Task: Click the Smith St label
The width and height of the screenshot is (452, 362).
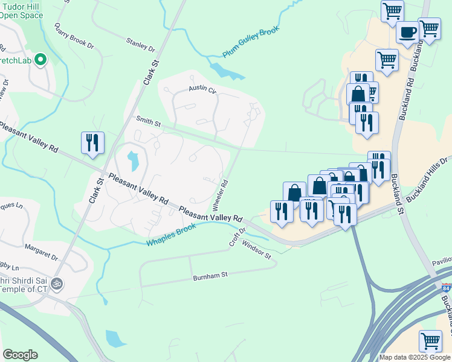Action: tap(149, 122)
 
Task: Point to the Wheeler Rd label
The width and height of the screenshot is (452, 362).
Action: tap(221, 191)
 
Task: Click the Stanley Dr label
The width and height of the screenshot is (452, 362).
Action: tap(141, 43)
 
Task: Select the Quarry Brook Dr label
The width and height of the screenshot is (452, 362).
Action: tap(74, 36)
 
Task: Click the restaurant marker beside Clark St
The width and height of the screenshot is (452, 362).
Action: tap(92, 142)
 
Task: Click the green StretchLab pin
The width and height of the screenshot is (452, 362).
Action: tap(41, 59)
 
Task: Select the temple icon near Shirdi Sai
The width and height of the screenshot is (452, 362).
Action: tap(57, 282)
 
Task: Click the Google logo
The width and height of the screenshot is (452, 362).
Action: tap(20, 355)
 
